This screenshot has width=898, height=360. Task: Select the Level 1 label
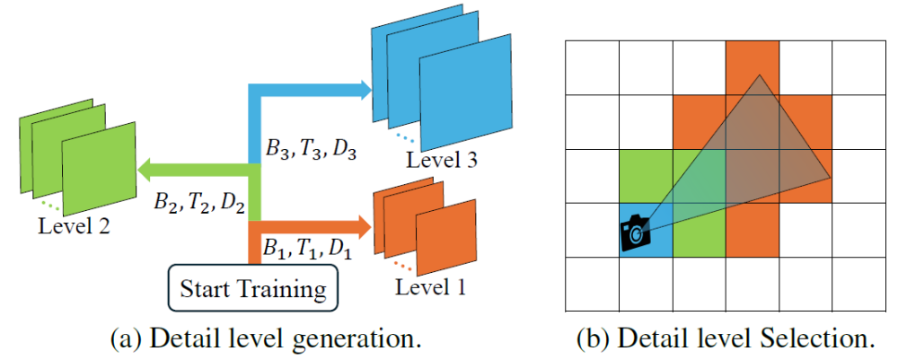pyautogui.click(x=428, y=289)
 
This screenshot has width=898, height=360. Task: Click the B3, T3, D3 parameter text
pyautogui.click(x=311, y=148)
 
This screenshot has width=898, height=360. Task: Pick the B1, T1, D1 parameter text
pyautogui.click(x=308, y=247)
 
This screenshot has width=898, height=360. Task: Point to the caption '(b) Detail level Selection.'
pyautogui.click(x=726, y=340)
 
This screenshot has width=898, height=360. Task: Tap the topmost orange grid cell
pyautogui.click(x=753, y=67)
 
